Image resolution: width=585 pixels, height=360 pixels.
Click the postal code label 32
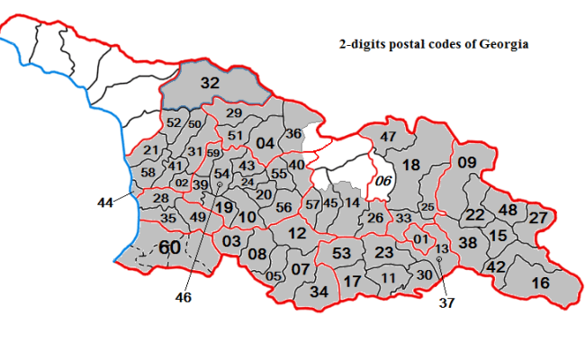coord(210,84)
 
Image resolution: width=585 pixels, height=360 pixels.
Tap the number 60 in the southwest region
coord(169,247)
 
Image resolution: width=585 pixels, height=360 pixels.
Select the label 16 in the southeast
coord(541,283)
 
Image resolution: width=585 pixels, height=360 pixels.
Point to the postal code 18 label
coord(411,165)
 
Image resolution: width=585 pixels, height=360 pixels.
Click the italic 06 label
coord(382,180)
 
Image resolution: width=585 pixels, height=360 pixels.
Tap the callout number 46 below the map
coord(184,297)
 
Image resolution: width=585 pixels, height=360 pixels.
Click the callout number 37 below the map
coord(446,303)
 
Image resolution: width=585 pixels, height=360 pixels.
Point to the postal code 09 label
coord(466,163)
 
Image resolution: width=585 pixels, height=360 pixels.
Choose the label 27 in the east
coord(538,219)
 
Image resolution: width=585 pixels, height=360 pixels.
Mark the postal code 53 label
coord(340,254)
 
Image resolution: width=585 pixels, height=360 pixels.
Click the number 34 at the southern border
coord(319,292)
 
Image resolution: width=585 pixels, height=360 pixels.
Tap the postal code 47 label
coord(388,137)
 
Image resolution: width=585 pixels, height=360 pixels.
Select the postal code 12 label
coord(297,234)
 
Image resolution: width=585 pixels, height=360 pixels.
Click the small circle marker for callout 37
coord(438,259)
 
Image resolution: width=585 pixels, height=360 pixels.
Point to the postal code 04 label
coord(265,142)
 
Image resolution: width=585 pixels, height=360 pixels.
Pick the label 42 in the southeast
coord(496,267)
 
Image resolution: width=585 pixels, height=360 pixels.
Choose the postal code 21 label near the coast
coord(151,150)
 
